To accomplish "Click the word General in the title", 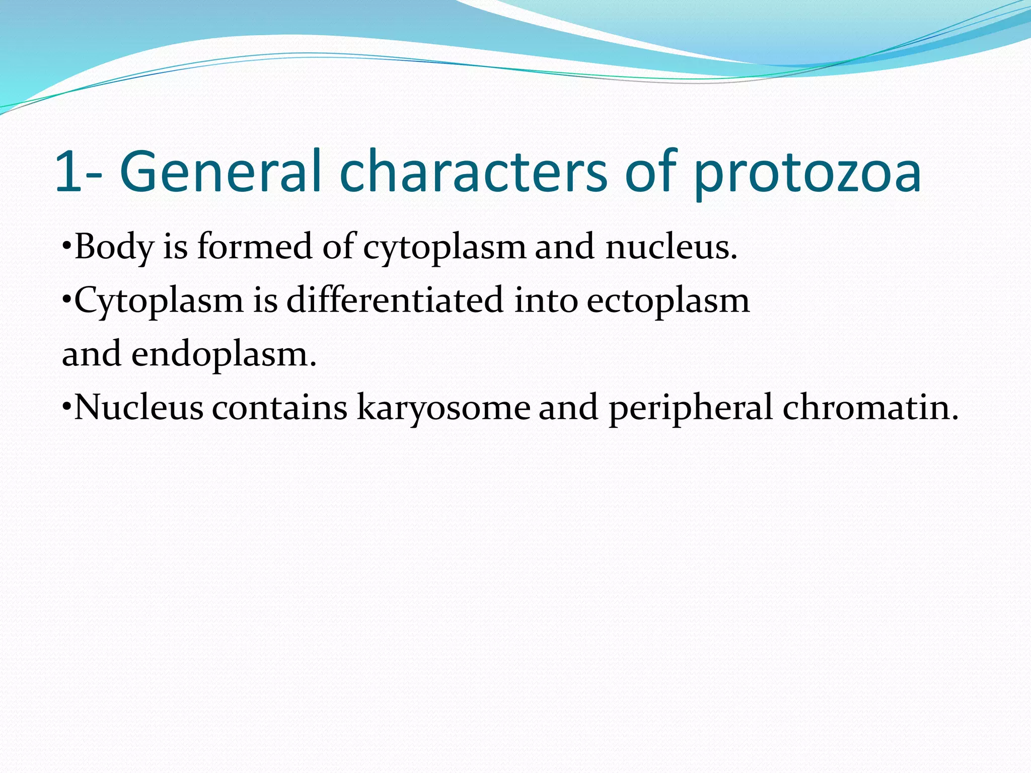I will point(220,172).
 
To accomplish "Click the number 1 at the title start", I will point(68,172).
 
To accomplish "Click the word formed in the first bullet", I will point(254,247).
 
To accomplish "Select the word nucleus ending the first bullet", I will point(671,247).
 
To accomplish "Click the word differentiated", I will point(395,300).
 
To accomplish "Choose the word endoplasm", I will point(224,354).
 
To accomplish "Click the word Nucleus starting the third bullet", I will point(139,407).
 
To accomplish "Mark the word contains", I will point(279,407).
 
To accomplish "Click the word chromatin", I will point(870,407).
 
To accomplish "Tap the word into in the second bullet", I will point(546,300).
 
